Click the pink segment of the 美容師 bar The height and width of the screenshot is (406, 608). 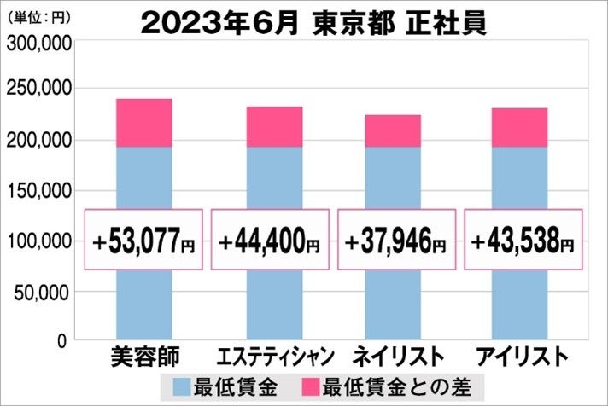(x=144, y=123)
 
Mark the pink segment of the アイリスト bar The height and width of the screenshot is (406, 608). (x=520, y=127)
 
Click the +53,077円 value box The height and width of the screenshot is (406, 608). (x=144, y=240)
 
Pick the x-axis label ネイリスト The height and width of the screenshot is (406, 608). (x=397, y=355)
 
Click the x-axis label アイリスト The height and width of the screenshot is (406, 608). (x=521, y=355)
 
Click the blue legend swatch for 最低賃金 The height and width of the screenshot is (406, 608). (x=183, y=385)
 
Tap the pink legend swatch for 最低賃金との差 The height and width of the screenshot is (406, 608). (x=317, y=385)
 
